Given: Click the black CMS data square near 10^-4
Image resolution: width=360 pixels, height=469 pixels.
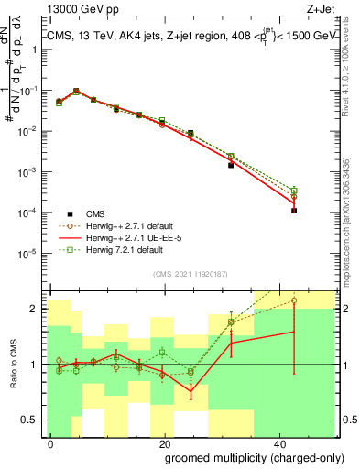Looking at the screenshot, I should (x=294, y=211).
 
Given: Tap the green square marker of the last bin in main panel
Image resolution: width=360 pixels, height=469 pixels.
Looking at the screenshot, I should (x=294, y=191).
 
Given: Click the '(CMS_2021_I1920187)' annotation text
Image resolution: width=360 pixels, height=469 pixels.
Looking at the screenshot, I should (x=191, y=273).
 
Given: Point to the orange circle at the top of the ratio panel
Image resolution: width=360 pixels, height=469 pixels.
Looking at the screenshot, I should (x=294, y=300).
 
